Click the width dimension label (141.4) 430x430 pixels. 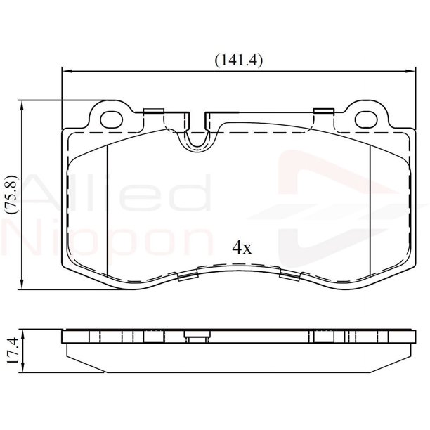coord(239,60)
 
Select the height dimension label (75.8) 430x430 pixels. coord(13,195)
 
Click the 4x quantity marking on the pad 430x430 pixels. coord(242,248)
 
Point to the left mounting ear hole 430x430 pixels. coord(111,119)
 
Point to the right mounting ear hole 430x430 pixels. coord(366,119)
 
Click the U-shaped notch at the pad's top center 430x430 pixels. coord(197,137)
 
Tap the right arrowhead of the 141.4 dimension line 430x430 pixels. coord(411,71)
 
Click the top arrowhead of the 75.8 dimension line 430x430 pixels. coord(22,105)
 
